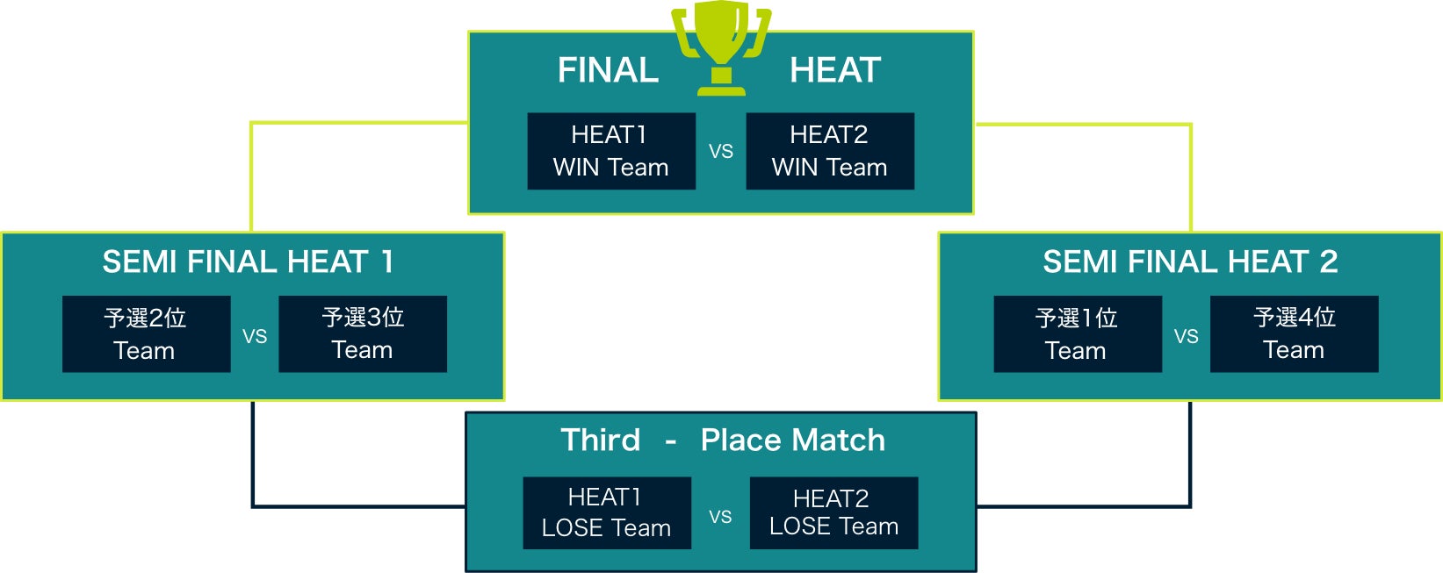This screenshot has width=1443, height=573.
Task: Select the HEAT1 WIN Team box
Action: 611,151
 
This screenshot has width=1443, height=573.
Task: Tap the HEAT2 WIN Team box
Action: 830,151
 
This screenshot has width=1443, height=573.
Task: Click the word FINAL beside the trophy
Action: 608,70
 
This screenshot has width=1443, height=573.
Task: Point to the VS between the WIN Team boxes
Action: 721,152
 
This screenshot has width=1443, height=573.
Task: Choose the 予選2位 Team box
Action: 146,333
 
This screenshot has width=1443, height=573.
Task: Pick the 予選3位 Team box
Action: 363,333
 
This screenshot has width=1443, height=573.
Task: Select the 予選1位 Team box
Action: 1078,333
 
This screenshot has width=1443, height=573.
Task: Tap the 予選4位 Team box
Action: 1295,333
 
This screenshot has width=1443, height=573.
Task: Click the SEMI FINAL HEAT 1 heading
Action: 249,261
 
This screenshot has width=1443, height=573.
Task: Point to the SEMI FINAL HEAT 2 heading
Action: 1190,261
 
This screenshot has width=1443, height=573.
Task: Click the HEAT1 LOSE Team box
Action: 607,513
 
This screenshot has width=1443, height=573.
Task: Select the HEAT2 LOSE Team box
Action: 834,513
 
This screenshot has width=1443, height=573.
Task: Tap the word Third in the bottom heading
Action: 601,440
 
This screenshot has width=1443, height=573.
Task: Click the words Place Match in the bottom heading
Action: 792,440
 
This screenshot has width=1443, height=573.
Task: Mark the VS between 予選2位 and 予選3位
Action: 255,336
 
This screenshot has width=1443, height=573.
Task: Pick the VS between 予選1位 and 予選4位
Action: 1187,336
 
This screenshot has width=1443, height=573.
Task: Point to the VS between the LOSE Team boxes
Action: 720,517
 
